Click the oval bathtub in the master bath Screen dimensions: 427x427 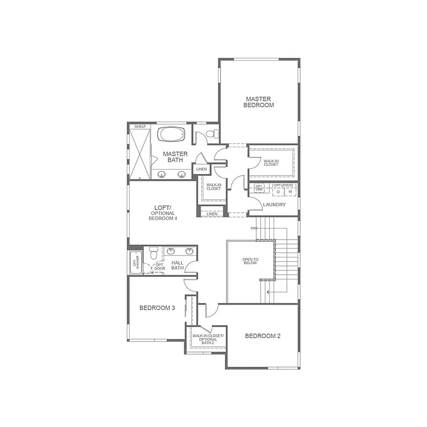pos(172,135)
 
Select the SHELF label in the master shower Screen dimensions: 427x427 pos(140,127)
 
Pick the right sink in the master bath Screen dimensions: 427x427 pos(181,174)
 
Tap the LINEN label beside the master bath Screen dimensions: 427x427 pos(201,169)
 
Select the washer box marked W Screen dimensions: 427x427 pos(290,192)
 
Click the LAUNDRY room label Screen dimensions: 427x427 pos(275,205)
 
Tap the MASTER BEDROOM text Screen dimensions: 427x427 pos(259,102)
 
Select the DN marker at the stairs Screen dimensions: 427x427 pos(254,229)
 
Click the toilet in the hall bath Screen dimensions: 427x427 pos(154,254)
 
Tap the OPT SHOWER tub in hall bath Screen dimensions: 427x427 pos(135,262)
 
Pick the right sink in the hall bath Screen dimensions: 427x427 pos(190,251)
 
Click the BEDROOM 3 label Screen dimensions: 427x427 pos(157,308)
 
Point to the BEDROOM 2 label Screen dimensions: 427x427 pos(263,336)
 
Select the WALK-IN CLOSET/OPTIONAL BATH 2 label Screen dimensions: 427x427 pos(207,339)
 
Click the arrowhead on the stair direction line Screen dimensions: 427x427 pos(269,291)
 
